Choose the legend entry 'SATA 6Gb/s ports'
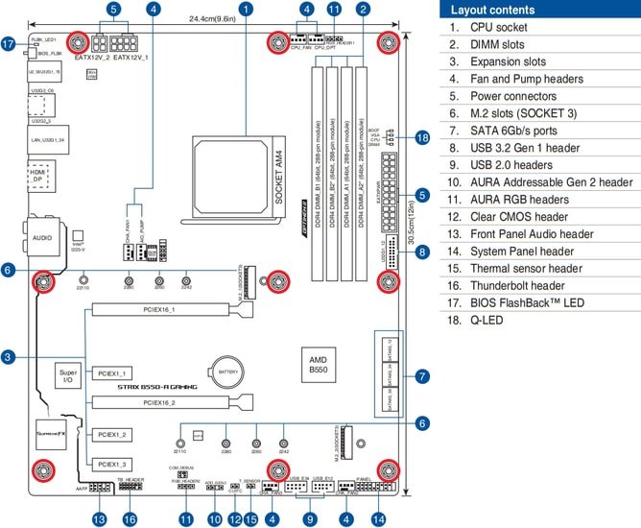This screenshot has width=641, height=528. click(514, 131)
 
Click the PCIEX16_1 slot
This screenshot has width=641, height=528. click(173, 311)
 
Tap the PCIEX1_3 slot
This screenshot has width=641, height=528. click(110, 463)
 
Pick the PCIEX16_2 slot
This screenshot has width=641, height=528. click(173, 403)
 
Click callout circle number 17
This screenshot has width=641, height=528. click(9, 44)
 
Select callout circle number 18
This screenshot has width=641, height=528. click(422, 138)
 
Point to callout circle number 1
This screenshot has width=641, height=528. click(247, 9)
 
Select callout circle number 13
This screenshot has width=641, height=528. click(100, 518)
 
